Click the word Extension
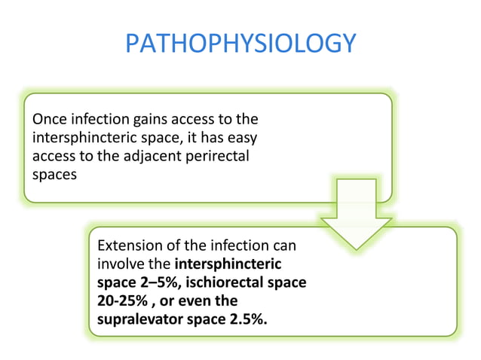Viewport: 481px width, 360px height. pos(129,246)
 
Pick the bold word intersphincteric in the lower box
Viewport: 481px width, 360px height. pos(228,264)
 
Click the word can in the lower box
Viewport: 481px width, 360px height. pos(283,246)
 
